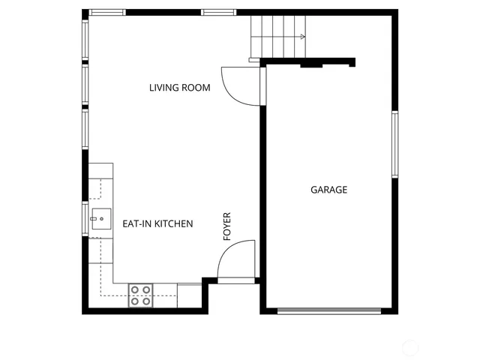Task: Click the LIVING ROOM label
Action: click(179, 88)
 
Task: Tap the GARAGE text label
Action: click(328, 190)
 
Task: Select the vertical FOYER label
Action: click(227, 226)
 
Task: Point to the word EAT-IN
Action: click(136, 223)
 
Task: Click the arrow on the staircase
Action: click(301, 36)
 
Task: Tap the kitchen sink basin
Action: click(99, 220)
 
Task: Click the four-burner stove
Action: click(140, 295)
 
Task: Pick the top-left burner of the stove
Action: click(135, 289)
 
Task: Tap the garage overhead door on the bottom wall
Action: click(328, 310)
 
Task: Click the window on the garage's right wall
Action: click(394, 145)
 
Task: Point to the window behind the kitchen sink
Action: click(85, 219)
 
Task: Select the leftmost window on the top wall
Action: click(107, 12)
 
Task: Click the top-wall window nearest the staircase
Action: click(219, 12)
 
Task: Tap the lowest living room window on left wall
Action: click(85, 129)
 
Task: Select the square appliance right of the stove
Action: click(189, 295)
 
